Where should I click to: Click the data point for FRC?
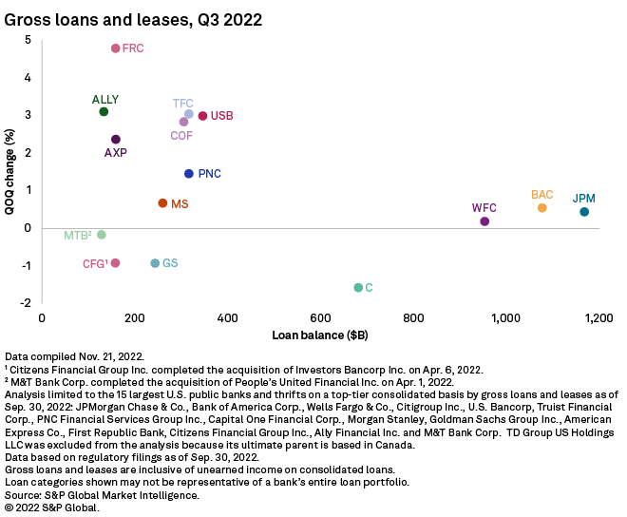(116, 48)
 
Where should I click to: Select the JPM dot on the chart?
(584, 212)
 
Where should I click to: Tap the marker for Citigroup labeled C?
(358, 287)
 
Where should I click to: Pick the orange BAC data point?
(542, 208)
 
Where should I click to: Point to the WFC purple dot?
(484, 221)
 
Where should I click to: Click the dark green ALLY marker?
(104, 112)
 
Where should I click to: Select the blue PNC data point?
(189, 174)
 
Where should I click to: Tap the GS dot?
(155, 263)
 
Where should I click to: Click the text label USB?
(222, 116)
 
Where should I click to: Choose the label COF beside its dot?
(181, 136)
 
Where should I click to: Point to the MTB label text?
(77, 235)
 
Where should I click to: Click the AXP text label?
(115, 152)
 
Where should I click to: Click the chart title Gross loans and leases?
(134, 18)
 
